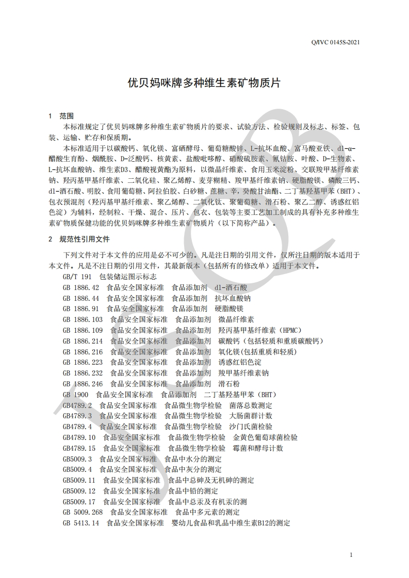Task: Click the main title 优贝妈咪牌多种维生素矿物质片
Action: (204, 83)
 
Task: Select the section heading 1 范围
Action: (61, 115)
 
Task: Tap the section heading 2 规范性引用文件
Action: (79, 239)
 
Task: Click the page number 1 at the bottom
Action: (351, 555)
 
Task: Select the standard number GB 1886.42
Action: (81, 287)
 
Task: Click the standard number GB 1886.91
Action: (81, 309)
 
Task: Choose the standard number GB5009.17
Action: (79, 501)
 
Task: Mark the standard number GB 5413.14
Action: (81, 523)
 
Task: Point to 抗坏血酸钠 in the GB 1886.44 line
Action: (233, 298)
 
